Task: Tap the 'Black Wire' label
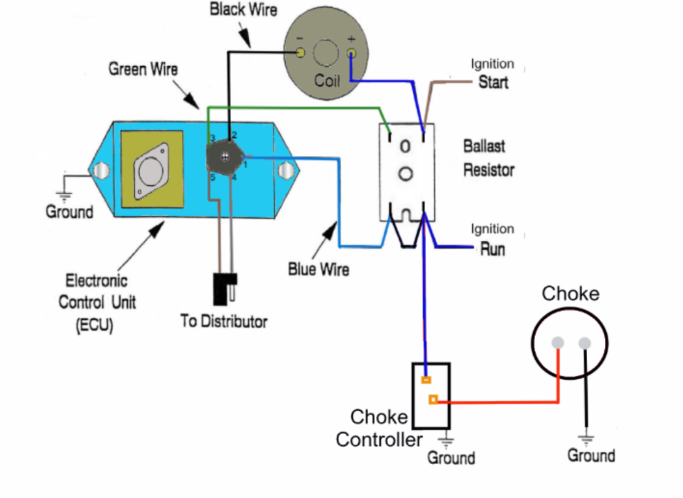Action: pos(243,10)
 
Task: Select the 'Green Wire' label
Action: pos(143,69)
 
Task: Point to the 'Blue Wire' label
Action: pos(319,269)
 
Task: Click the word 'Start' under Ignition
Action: pos(494,83)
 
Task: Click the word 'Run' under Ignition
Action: pos(493,249)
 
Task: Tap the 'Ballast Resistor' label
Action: pos(489,158)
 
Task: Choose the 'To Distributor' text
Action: pos(224,321)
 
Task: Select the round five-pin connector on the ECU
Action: pos(225,157)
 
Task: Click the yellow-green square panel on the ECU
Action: pos(151,169)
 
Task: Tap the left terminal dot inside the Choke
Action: pos(558,343)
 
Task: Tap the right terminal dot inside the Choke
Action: pos(585,343)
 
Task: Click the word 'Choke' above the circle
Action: pos(570,294)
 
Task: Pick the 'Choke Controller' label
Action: pos(379,428)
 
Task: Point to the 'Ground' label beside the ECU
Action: pos(69,212)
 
